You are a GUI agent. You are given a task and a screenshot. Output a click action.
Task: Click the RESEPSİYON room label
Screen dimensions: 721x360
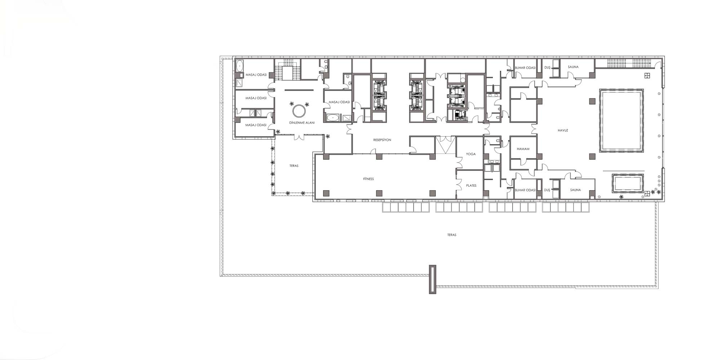(382, 140)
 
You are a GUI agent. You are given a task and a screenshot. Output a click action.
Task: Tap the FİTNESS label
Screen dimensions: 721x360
(368, 179)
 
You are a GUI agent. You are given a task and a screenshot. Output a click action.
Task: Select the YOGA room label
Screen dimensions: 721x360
(471, 154)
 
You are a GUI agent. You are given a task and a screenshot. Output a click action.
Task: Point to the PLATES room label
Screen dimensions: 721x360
(471, 186)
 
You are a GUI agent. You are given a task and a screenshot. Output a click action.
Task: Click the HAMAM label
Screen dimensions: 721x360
(523, 149)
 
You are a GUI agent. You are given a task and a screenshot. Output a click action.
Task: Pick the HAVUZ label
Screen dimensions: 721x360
(563, 130)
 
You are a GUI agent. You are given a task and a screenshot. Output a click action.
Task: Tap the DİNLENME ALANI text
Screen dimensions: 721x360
(302, 123)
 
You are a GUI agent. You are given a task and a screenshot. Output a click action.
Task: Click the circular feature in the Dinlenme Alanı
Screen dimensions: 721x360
(299, 111)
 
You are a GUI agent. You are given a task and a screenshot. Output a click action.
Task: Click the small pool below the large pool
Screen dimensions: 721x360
(628, 183)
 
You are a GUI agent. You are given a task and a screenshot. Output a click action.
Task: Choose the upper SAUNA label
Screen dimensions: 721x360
(573, 67)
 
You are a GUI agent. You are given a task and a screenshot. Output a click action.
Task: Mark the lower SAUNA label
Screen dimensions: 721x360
(575, 190)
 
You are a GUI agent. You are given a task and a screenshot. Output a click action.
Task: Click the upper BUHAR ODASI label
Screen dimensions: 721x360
(525, 68)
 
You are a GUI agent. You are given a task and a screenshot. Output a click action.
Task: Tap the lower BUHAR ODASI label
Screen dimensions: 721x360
(525, 190)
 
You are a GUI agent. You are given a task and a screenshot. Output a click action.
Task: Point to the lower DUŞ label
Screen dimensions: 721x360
(547, 190)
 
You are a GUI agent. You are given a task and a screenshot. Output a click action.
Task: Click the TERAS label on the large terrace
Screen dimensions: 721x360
(452, 235)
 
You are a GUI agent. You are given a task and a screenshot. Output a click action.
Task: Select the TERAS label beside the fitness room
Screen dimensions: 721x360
(294, 166)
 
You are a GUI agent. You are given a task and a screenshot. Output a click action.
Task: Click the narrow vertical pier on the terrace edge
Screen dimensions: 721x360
(433, 279)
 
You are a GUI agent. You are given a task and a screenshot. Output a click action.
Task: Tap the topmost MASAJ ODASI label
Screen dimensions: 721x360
(256, 75)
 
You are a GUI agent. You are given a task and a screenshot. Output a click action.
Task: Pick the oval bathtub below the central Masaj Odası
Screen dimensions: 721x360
(332, 117)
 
